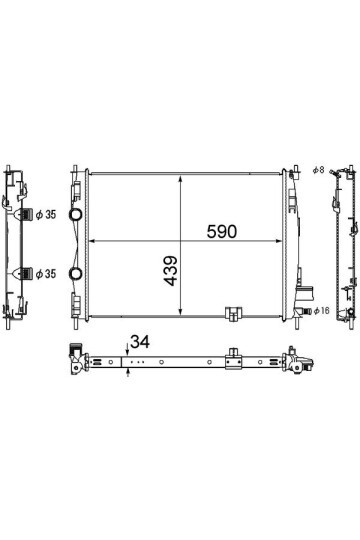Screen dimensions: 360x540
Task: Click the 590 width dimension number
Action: [222, 231]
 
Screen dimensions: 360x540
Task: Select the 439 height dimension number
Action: [171, 271]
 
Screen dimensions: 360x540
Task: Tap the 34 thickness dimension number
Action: [140, 342]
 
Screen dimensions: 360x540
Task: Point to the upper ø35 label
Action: [46, 215]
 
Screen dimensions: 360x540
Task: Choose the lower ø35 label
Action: [46, 274]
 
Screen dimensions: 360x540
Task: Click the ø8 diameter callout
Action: [318, 169]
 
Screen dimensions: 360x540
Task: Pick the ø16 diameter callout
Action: [321, 311]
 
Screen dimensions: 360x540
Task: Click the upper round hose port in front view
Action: [75, 214]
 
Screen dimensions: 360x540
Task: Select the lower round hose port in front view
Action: [75, 273]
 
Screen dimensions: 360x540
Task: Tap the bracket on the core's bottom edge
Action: [233, 314]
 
